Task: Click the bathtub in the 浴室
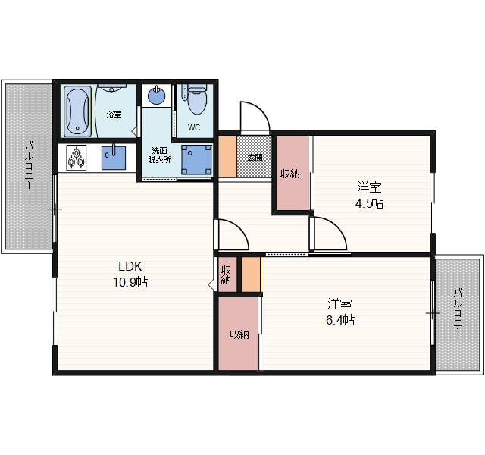pos(77,111)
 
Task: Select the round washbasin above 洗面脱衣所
pos(157,95)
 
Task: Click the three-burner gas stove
pos(76,158)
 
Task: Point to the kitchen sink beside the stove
pos(114,158)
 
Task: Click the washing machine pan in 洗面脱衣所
pos(196,159)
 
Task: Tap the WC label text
pos(194,127)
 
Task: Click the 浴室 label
pos(114,115)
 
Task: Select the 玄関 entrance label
pos(255,158)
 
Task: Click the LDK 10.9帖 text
pos(130,274)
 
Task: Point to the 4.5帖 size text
pos(369,204)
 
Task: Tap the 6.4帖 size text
pos(340,320)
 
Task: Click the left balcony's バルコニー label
pos(29,165)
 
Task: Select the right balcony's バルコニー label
pos(458,312)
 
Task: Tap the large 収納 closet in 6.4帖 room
pos(239,334)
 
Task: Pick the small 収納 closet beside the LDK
pos(227,275)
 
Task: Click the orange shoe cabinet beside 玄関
pos(227,157)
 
